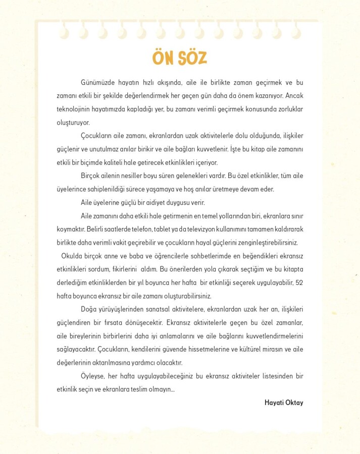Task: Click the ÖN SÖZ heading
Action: click(179, 58)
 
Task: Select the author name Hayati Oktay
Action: click(284, 403)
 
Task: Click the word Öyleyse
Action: click(93, 376)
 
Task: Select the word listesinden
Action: click(275, 376)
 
